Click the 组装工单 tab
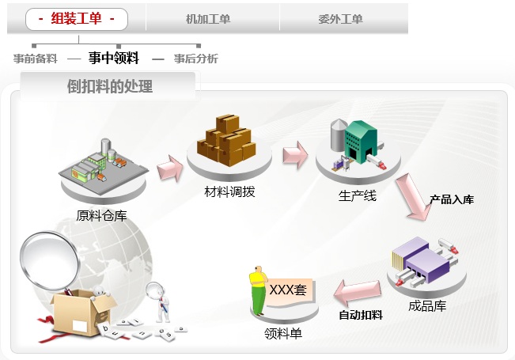77,18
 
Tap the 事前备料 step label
36,59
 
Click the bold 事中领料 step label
114,58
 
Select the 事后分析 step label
196,59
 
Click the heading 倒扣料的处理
110,87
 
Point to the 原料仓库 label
101,214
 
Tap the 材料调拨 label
229,191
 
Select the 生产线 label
358,195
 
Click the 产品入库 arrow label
452,199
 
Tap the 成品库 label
427,305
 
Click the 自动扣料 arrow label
361,315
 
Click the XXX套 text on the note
288,290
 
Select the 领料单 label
283,333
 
